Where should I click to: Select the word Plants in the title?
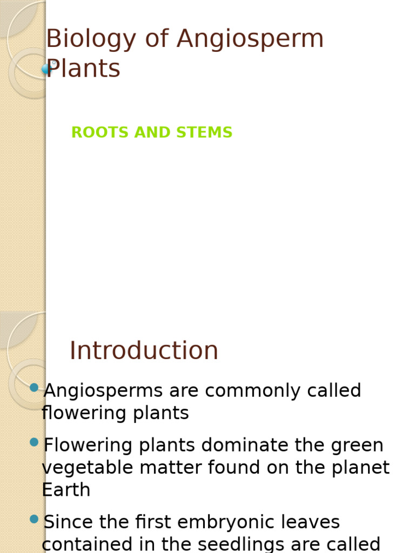click(84, 69)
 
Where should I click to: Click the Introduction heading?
click(144, 351)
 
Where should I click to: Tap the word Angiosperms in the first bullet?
click(103, 391)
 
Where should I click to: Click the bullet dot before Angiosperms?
click(35, 387)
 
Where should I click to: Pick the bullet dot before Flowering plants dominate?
click(35, 442)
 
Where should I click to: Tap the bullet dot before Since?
click(35, 519)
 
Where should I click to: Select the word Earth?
click(66, 490)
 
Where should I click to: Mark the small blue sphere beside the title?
click(46, 69)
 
